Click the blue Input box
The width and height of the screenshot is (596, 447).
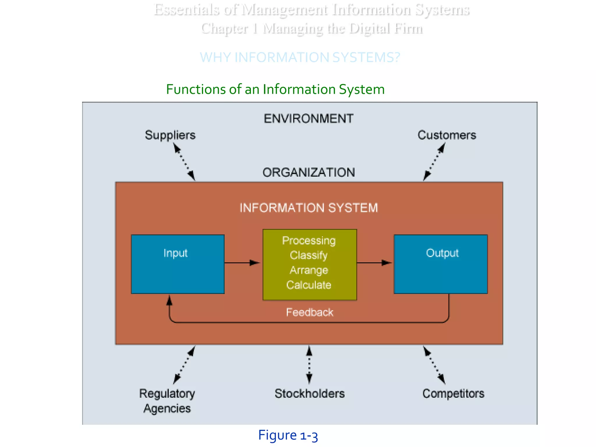click(x=178, y=264)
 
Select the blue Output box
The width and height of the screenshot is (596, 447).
click(x=441, y=264)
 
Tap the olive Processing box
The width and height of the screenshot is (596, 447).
click(x=309, y=264)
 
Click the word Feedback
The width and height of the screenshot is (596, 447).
click(x=309, y=312)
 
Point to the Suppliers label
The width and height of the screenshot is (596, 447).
click(x=170, y=135)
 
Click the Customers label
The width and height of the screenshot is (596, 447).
click(x=447, y=135)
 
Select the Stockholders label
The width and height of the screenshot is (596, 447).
click(x=309, y=393)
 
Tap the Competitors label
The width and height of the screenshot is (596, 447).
click(x=453, y=393)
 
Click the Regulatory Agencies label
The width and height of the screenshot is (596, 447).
click(x=167, y=401)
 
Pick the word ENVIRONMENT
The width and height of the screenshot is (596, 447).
click(x=308, y=119)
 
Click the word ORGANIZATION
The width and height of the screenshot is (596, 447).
click(x=308, y=172)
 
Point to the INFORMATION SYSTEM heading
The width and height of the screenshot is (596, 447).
click(x=308, y=208)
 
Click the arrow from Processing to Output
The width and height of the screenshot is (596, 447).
click(x=374, y=263)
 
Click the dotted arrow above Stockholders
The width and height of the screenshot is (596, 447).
click(x=309, y=365)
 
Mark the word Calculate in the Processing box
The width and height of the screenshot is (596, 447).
click(x=309, y=285)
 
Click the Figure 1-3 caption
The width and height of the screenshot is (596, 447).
click(x=288, y=435)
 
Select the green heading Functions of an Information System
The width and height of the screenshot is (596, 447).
click(x=275, y=89)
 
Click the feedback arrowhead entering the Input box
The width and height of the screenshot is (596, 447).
click(x=169, y=300)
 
